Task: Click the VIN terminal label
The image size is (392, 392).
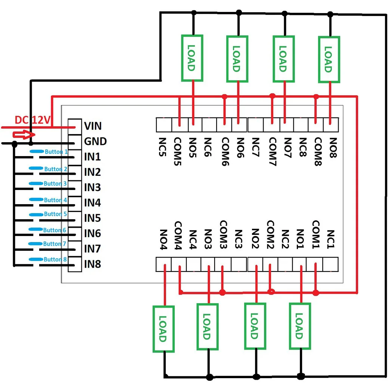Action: pyautogui.click(x=93, y=126)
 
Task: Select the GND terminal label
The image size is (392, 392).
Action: pyautogui.click(x=95, y=141)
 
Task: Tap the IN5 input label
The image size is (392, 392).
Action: pyautogui.click(x=92, y=218)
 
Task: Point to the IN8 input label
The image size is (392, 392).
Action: pyautogui.click(x=92, y=264)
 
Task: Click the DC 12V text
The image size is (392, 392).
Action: pyautogui.click(x=32, y=120)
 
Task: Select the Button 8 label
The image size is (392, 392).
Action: pyautogui.click(x=55, y=259)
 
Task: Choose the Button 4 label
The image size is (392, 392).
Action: pyautogui.click(x=55, y=200)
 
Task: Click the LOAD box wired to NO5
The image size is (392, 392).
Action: pyautogui.click(x=192, y=58)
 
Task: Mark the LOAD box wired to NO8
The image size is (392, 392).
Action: pyautogui.click(x=329, y=59)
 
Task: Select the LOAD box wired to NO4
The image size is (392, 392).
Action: pyautogui.click(x=164, y=329)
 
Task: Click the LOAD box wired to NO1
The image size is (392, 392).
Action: pyautogui.click(x=300, y=326)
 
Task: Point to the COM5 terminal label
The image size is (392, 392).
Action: pyautogui.click(x=177, y=152)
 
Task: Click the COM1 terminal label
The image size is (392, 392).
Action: pyautogui.click(x=315, y=234)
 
